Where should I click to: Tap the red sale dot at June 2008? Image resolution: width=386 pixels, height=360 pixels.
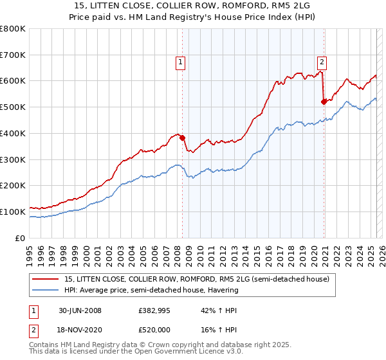(x=182, y=138)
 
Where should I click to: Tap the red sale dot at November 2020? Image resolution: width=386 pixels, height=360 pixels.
(x=324, y=102)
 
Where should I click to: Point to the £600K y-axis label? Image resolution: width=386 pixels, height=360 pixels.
(x=14, y=81)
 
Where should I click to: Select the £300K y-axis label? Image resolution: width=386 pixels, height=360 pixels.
(x=14, y=159)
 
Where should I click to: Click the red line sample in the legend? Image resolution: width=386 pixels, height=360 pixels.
(x=46, y=279)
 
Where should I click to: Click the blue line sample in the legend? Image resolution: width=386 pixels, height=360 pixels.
(x=46, y=290)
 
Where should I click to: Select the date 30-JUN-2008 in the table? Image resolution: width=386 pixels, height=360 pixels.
(x=78, y=310)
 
